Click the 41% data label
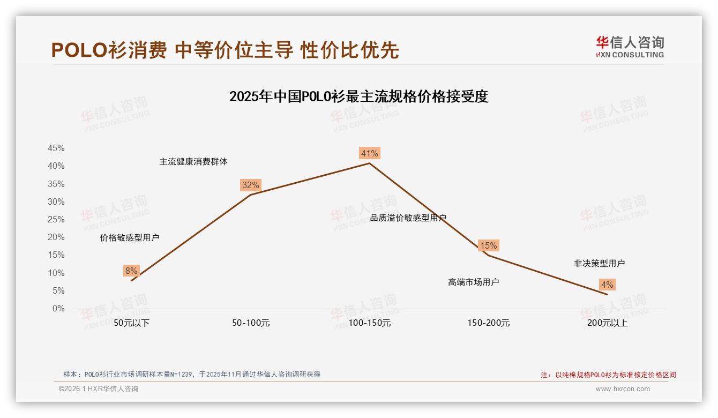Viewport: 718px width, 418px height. click(369, 154)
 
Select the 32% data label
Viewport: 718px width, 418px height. click(250, 185)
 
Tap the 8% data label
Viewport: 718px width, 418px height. click(131, 271)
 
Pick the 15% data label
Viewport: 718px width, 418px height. click(488, 245)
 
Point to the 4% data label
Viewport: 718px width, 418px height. click(607, 285)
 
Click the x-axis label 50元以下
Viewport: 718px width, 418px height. click(131, 323)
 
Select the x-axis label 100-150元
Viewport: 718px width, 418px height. click(369, 323)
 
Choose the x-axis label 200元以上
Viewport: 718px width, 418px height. click(607, 323)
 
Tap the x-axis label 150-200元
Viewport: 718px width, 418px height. click(488, 323)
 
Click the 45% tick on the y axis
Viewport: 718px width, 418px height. click(56, 148)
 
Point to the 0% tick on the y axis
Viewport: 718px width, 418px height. click(58, 309)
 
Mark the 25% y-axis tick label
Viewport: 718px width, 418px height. click(56, 220)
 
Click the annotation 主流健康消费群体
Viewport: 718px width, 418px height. click(193, 161)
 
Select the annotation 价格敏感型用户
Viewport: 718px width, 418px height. click(129, 237)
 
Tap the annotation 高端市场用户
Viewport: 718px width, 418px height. click(473, 282)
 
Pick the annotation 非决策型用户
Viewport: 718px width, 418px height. click(599, 263)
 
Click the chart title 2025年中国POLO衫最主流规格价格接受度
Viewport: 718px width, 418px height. click(358, 97)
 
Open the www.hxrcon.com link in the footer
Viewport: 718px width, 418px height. click(622, 389)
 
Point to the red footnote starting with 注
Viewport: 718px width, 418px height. click(608, 375)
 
